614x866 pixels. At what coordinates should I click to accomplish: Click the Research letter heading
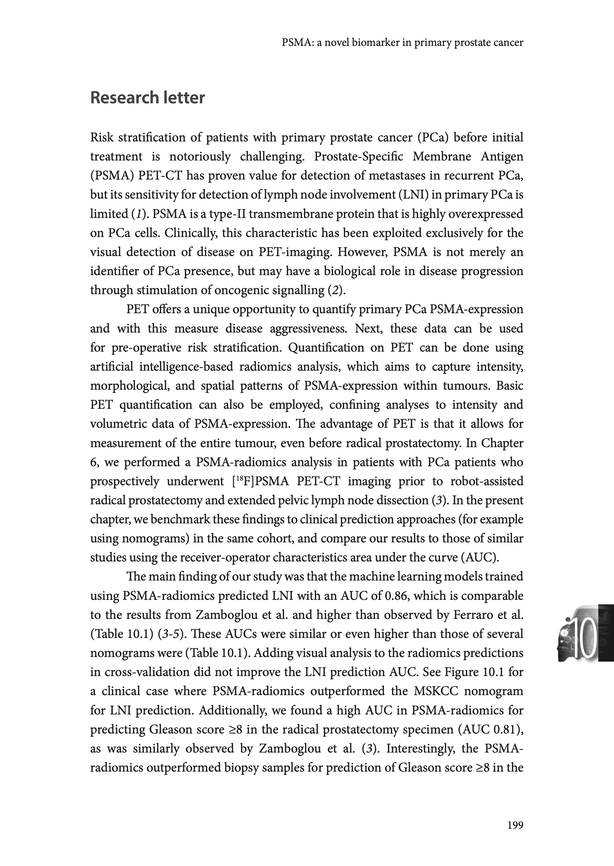pyautogui.click(x=147, y=98)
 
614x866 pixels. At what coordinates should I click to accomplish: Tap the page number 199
pyautogui.click(x=515, y=826)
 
